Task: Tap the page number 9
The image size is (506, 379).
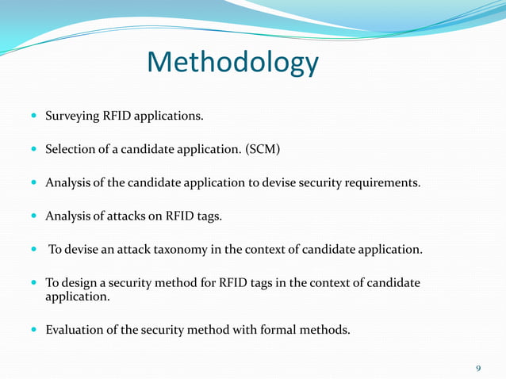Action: pyautogui.click(x=478, y=369)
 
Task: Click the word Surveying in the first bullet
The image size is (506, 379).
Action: pyautogui.click(x=72, y=117)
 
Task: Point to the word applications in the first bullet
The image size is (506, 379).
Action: pyautogui.click(x=170, y=117)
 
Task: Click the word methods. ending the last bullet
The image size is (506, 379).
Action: pyautogui.click(x=325, y=330)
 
